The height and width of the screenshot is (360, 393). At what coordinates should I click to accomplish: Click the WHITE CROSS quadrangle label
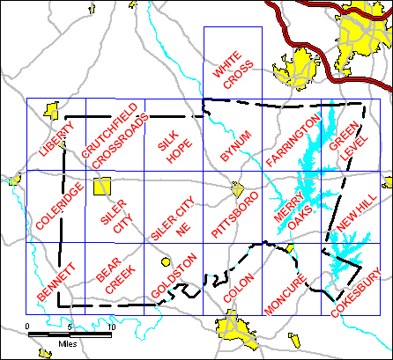tap(233, 70)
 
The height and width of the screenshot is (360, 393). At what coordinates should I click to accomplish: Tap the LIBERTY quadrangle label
tap(56, 139)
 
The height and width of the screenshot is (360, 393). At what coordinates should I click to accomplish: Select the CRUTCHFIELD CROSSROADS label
tap(112, 141)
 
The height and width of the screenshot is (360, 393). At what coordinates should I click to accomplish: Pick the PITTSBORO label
tap(234, 214)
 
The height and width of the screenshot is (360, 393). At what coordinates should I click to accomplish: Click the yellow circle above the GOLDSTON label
tap(165, 261)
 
